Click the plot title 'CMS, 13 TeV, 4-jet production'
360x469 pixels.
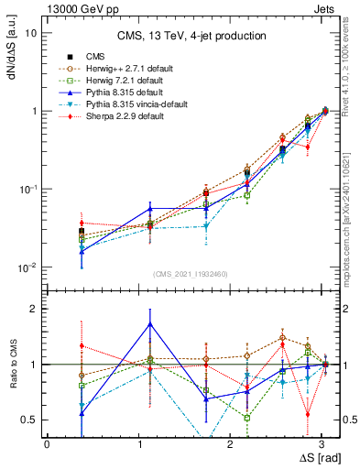coord(191,36)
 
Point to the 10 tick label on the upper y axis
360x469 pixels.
coord(31,33)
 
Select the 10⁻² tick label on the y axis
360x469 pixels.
coord(29,267)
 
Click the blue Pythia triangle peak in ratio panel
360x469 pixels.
coord(150,323)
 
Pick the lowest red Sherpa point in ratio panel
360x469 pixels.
coord(308,413)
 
